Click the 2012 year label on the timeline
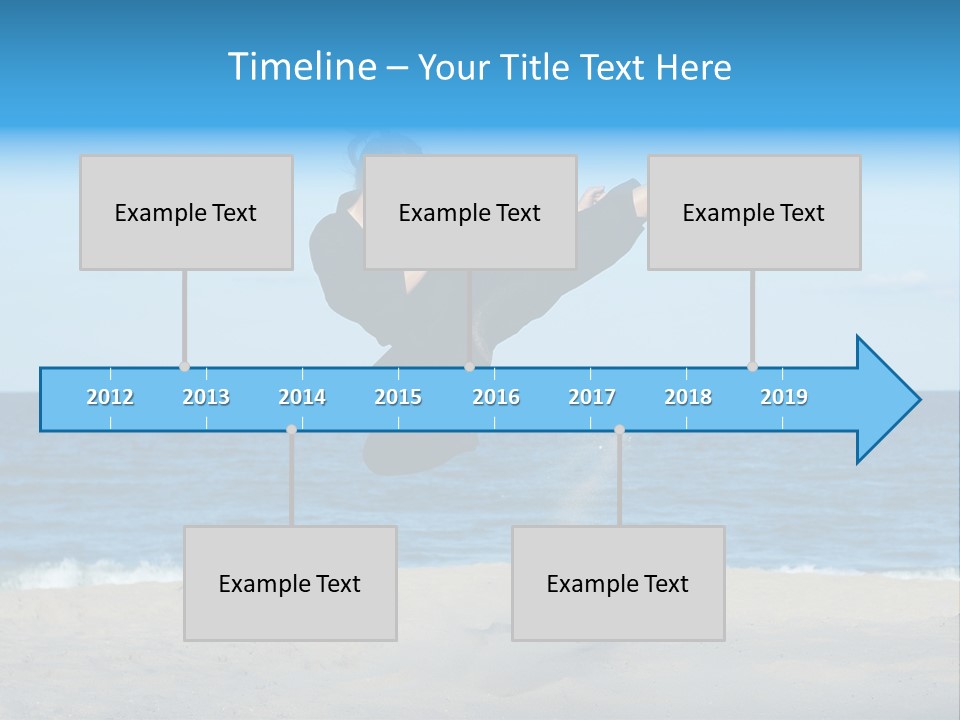[x=110, y=397]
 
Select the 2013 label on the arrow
[x=206, y=397]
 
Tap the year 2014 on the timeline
[x=302, y=397]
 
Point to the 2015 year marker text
[x=398, y=397]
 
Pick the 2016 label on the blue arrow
[x=496, y=397]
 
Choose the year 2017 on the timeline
[x=592, y=397]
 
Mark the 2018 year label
[x=688, y=397]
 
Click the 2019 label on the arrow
[x=784, y=397]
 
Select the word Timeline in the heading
[x=299, y=67]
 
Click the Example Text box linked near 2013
[x=186, y=212]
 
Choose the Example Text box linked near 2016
[x=470, y=212]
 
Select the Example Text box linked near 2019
[x=754, y=212]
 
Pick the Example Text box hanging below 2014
[x=290, y=583]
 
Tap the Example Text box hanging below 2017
[x=618, y=583]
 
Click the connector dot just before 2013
[x=184, y=367]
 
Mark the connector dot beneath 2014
[x=291, y=430]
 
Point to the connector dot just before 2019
[x=752, y=367]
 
